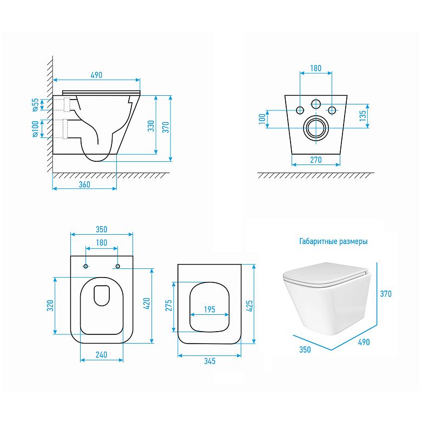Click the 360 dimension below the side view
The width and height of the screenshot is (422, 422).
(84, 184)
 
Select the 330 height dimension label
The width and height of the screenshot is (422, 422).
(151, 126)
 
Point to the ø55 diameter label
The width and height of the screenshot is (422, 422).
(35, 105)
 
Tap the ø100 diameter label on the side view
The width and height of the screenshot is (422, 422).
(35, 129)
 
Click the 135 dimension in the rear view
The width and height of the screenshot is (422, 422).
(363, 116)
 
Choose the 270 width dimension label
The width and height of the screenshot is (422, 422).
(316, 160)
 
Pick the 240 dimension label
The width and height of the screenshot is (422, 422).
(102, 355)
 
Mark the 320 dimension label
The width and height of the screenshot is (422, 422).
(50, 306)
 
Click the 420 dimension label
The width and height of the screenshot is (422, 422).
(147, 304)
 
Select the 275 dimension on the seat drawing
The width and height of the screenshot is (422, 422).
(168, 306)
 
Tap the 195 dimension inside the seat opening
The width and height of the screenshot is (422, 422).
(209, 309)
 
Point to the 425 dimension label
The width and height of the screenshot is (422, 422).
(249, 306)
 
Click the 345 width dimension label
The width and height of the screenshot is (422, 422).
(209, 361)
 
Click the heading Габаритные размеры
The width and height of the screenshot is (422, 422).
(333, 241)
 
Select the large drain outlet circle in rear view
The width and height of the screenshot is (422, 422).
(316, 128)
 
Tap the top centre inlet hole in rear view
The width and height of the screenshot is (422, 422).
(316, 104)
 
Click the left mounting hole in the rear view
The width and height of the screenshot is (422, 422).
(300, 110)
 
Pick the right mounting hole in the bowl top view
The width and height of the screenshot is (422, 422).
(117, 266)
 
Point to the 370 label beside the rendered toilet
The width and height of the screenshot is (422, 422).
(386, 294)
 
